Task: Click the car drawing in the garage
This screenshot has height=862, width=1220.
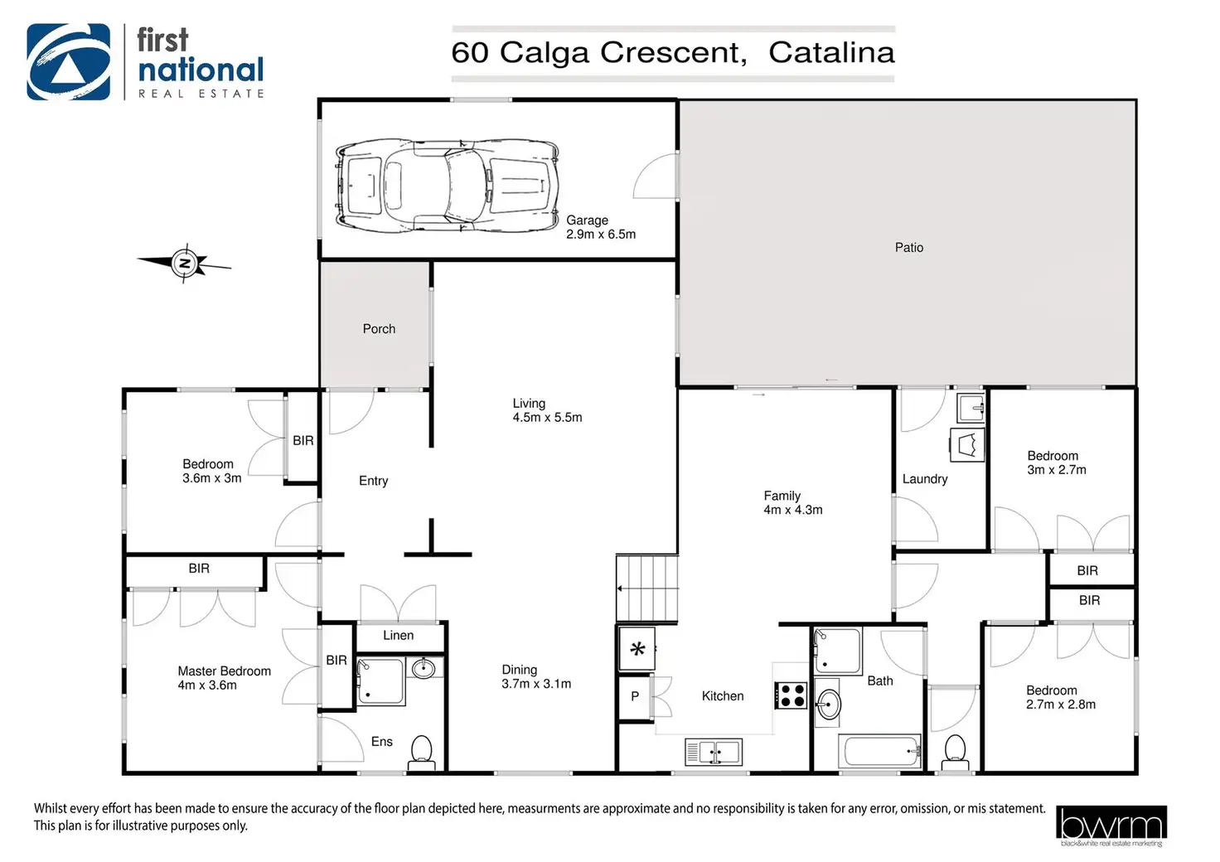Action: click(x=448, y=185)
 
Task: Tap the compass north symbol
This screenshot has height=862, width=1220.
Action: click(x=185, y=264)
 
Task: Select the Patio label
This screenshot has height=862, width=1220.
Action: click(x=909, y=248)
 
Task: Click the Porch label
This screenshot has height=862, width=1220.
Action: click(x=379, y=329)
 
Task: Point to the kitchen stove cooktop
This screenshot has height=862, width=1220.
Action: click(x=791, y=695)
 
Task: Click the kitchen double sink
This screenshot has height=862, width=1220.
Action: click(x=714, y=752)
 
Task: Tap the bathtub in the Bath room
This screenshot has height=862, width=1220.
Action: click(x=879, y=752)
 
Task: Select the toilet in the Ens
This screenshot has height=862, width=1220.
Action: click(x=421, y=753)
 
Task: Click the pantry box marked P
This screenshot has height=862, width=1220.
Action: click(x=635, y=696)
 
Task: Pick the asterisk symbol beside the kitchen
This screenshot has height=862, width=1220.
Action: click(x=637, y=648)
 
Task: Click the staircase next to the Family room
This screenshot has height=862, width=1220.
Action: click(x=647, y=588)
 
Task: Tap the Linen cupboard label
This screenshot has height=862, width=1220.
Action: click(x=398, y=636)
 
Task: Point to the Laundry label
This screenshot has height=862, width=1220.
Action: click(x=925, y=479)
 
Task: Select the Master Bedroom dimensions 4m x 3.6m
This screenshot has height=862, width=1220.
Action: click(x=207, y=685)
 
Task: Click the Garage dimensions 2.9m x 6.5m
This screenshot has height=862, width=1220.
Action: click(x=601, y=235)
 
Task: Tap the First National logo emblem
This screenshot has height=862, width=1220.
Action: click(x=69, y=61)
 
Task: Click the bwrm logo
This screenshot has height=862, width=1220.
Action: click(x=1111, y=826)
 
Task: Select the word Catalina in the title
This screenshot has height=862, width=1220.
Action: click(x=831, y=53)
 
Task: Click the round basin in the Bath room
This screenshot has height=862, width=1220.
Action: click(x=828, y=704)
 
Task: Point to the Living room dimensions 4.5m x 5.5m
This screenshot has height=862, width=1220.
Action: click(x=547, y=418)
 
